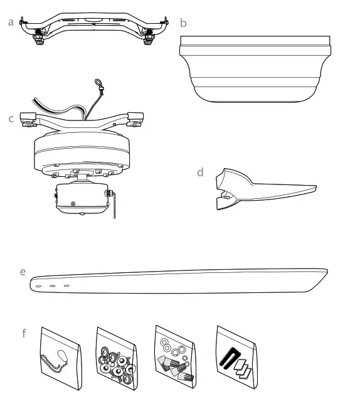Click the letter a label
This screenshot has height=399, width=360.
[x=11, y=22]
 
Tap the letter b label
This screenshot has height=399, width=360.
[x=183, y=23]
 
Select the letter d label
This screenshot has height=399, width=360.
[x=200, y=171]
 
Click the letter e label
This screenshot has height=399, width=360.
[x=23, y=272]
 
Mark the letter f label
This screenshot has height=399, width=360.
[x=24, y=333]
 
